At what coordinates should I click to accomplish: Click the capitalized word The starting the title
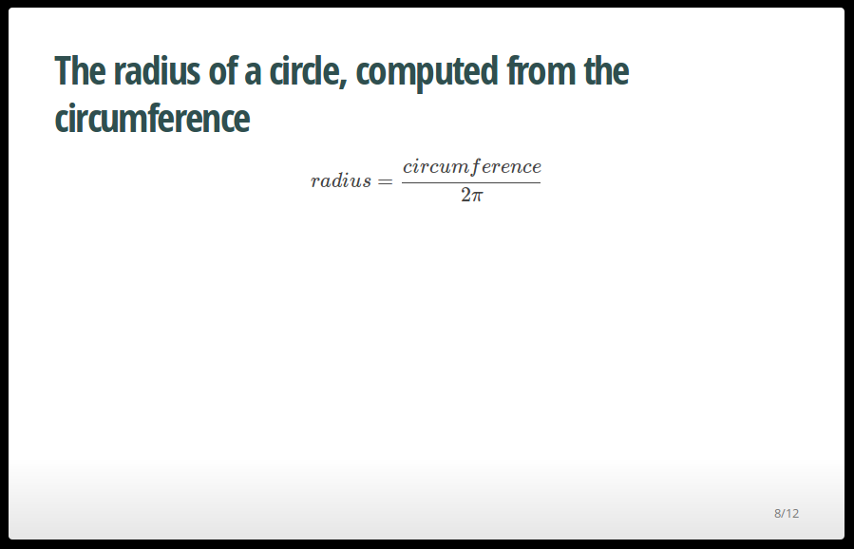[80, 71]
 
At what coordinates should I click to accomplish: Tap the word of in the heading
[220, 70]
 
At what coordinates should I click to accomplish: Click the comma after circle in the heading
[344, 83]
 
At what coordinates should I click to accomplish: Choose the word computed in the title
[427, 72]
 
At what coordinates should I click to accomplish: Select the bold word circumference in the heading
[153, 118]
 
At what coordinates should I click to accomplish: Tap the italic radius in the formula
[341, 180]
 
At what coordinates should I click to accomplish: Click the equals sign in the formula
[385, 181]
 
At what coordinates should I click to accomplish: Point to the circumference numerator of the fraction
[472, 166]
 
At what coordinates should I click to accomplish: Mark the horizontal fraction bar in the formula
[471, 182]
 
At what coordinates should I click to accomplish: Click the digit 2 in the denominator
[465, 195]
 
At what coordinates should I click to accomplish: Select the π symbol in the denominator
[477, 197]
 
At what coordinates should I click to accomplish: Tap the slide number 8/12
[787, 513]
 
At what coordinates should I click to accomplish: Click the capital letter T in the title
[63, 71]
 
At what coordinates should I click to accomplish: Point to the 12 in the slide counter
[792, 513]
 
